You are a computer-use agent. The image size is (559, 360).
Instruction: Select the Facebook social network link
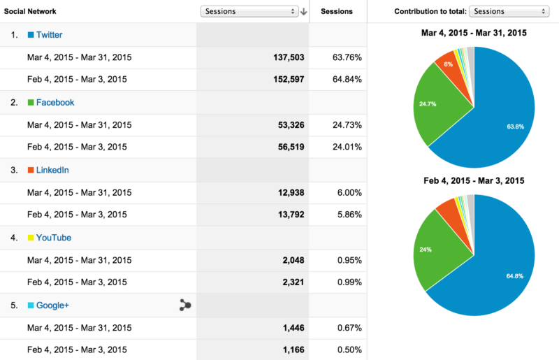(55, 102)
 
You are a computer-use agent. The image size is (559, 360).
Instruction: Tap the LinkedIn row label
(52, 170)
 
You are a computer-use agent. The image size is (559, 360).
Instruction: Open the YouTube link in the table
(54, 238)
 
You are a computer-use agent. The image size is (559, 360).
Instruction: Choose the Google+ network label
(52, 305)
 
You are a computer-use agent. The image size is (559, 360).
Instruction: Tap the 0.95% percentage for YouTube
(349, 261)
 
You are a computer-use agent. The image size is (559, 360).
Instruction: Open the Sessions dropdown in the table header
(249, 11)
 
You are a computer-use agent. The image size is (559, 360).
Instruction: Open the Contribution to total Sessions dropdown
(509, 11)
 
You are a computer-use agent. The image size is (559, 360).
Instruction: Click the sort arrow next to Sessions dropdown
(303, 11)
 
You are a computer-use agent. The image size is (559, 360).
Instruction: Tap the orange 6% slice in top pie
(447, 64)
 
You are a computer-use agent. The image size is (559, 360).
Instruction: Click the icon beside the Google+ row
(185, 305)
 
